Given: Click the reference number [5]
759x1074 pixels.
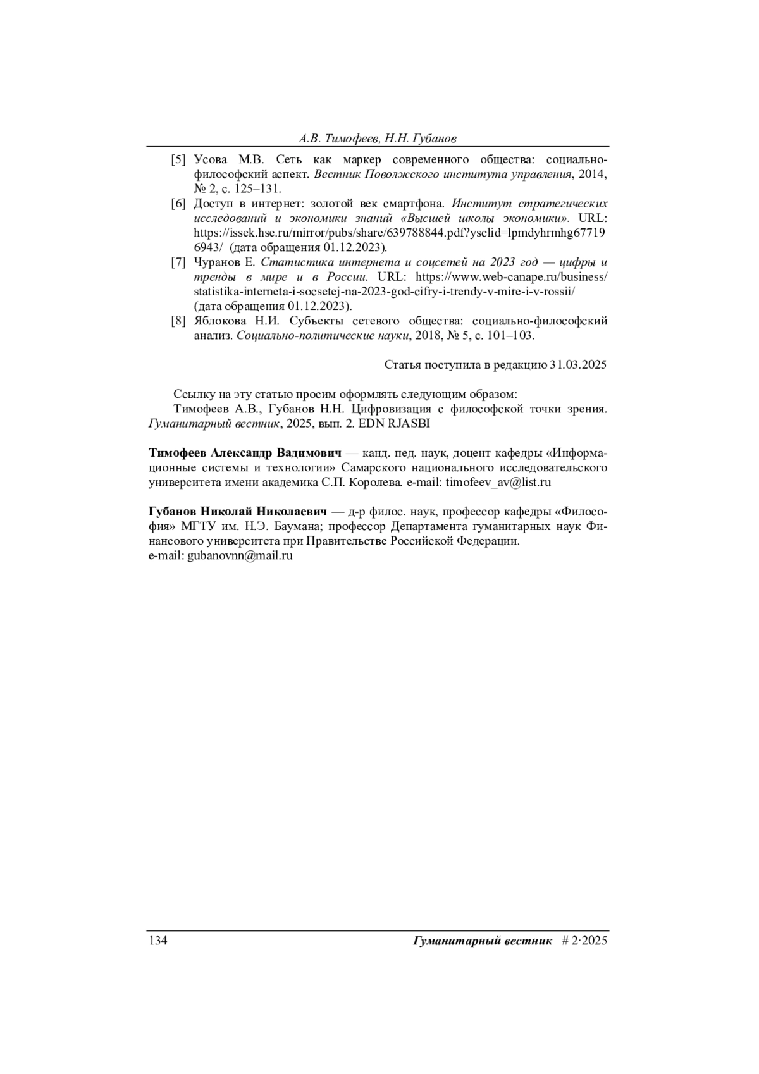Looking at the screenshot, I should (x=178, y=159).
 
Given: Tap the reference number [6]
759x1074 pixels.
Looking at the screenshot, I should (x=178, y=204).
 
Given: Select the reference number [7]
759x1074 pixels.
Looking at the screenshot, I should (x=178, y=262).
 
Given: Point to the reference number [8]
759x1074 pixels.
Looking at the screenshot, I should (x=178, y=321).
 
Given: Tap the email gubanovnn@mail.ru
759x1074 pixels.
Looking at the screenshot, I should (x=240, y=556).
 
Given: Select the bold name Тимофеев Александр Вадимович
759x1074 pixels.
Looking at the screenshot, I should (x=245, y=454).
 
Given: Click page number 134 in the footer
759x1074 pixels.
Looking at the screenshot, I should (x=157, y=941).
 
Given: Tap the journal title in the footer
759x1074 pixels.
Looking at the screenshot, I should (x=483, y=941).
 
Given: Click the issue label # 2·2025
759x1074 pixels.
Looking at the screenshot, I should (x=584, y=941).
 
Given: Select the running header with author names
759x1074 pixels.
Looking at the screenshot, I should (x=378, y=139).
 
